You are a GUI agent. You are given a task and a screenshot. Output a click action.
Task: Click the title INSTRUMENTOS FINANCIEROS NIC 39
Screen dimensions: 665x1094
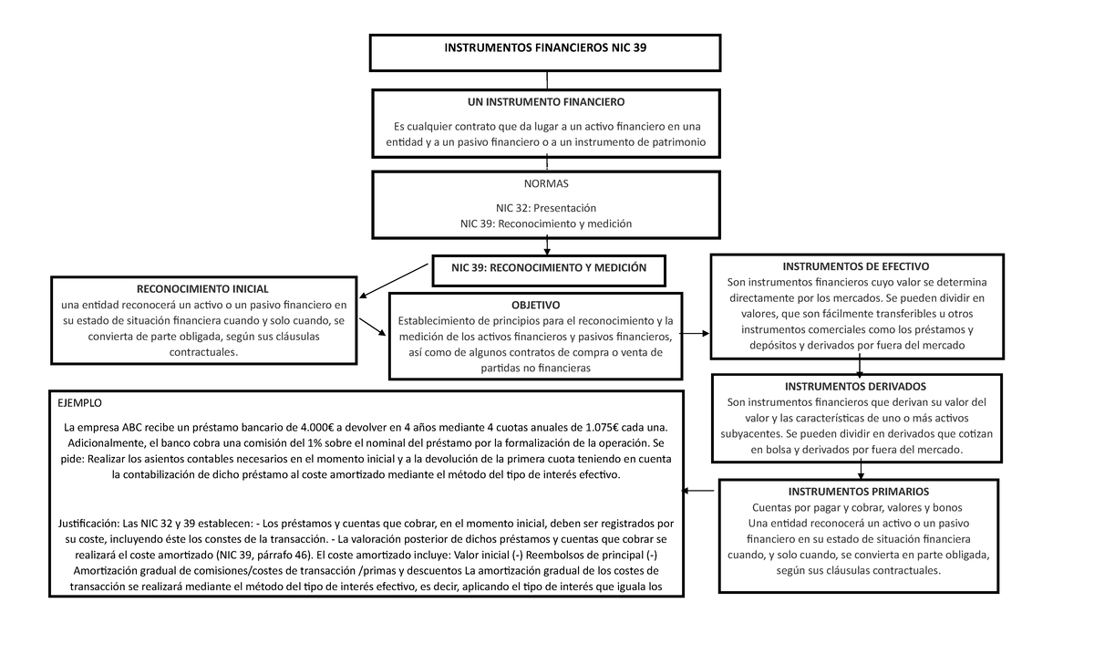click(x=545, y=47)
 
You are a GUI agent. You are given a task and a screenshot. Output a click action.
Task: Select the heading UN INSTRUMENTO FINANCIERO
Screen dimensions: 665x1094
click(x=546, y=102)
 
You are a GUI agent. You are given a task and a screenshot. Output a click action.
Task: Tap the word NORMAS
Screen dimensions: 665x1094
click(x=546, y=183)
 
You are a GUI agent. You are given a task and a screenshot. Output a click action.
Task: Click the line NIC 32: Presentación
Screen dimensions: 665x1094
click(x=546, y=208)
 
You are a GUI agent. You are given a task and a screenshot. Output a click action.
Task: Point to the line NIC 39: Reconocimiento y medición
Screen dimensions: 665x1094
click(x=546, y=223)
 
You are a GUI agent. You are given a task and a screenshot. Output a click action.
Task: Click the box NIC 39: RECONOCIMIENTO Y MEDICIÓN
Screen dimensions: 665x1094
click(x=549, y=268)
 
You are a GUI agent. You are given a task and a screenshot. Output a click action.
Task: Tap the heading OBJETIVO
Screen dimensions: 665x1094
click(x=536, y=305)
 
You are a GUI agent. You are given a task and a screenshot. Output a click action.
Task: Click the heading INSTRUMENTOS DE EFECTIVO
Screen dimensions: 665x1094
click(x=856, y=267)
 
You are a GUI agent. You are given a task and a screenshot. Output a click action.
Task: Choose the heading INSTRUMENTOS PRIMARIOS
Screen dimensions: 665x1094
click(x=860, y=492)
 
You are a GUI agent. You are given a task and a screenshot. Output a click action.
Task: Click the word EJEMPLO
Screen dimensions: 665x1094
click(x=80, y=402)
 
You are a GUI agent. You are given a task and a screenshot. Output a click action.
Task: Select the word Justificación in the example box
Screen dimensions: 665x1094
click(x=88, y=524)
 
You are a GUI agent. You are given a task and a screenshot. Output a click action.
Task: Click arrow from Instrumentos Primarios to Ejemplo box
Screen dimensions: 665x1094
click(x=699, y=493)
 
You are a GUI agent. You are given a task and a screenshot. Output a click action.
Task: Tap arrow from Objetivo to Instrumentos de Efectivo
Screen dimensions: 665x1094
click(x=696, y=334)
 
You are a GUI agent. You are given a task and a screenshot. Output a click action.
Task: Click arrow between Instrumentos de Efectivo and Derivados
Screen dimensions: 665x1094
click(x=861, y=366)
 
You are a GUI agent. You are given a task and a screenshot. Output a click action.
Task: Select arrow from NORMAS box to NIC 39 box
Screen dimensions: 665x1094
click(x=546, y=244)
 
